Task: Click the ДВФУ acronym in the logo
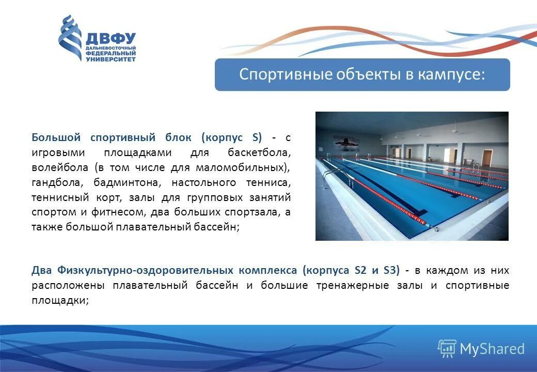click(x=110, y=38)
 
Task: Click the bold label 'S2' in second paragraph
click(x=360, y=270)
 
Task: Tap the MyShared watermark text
click(x=492, y=349)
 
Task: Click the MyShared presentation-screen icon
click(x=447, y=349)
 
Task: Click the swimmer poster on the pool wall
click(x=344, y=142)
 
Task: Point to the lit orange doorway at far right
click(x=485, y=157)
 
